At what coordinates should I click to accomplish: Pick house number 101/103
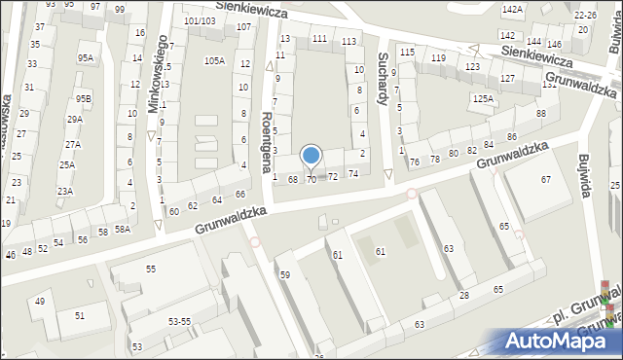pyautogui.click(x=200, y=20)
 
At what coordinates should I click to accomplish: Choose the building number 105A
pyautogui.click(x=214, y=61)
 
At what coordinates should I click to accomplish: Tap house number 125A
pyautogui.click(x=483, y=98)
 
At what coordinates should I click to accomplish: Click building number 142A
pyautogui.click(x=512, y=9)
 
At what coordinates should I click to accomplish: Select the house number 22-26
pyautogui.click(x=585, y=16)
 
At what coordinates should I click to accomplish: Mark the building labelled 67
pyautogui.click(x=546, y=179)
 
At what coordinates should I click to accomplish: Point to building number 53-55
pyautogui.click(x=179, y=320)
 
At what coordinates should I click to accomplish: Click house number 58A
pyautogui.click(x=122, y=230)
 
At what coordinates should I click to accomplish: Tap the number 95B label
pyautogui.click(x=85, y=98)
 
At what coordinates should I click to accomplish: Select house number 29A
pyautogui.click(x=74, y=120)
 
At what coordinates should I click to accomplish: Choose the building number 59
pyautogui.click(x=285, y=274)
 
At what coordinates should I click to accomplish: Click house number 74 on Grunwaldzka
pyautogui.click(x=353, y=173)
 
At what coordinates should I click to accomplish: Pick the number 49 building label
pyautogui.click(x=40, y=302)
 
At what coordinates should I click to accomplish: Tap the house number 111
pyautogui.click(x=319, y=38)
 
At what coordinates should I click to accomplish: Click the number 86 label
pyautogui.click(x=511, y=137)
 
